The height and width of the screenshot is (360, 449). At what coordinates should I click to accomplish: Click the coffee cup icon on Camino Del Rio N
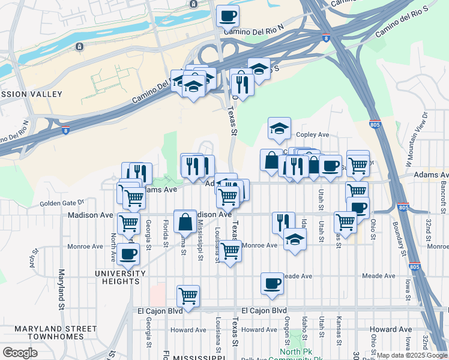point(228,16)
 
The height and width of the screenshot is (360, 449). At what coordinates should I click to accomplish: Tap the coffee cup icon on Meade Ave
point(272,283)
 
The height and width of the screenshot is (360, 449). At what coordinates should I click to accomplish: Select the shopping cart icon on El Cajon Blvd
point(188,296)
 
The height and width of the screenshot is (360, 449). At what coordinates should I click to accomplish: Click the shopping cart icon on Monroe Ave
point(230,251)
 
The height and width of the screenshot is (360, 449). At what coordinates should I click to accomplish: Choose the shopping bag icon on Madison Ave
point(185,221)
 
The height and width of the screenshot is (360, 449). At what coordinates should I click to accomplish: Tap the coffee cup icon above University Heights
point(128,254)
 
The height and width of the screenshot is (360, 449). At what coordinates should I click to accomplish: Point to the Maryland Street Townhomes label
point(55,332)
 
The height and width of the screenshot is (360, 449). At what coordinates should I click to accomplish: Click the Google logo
point(20,353)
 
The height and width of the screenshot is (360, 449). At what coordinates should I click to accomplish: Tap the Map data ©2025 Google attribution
point(411,355)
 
